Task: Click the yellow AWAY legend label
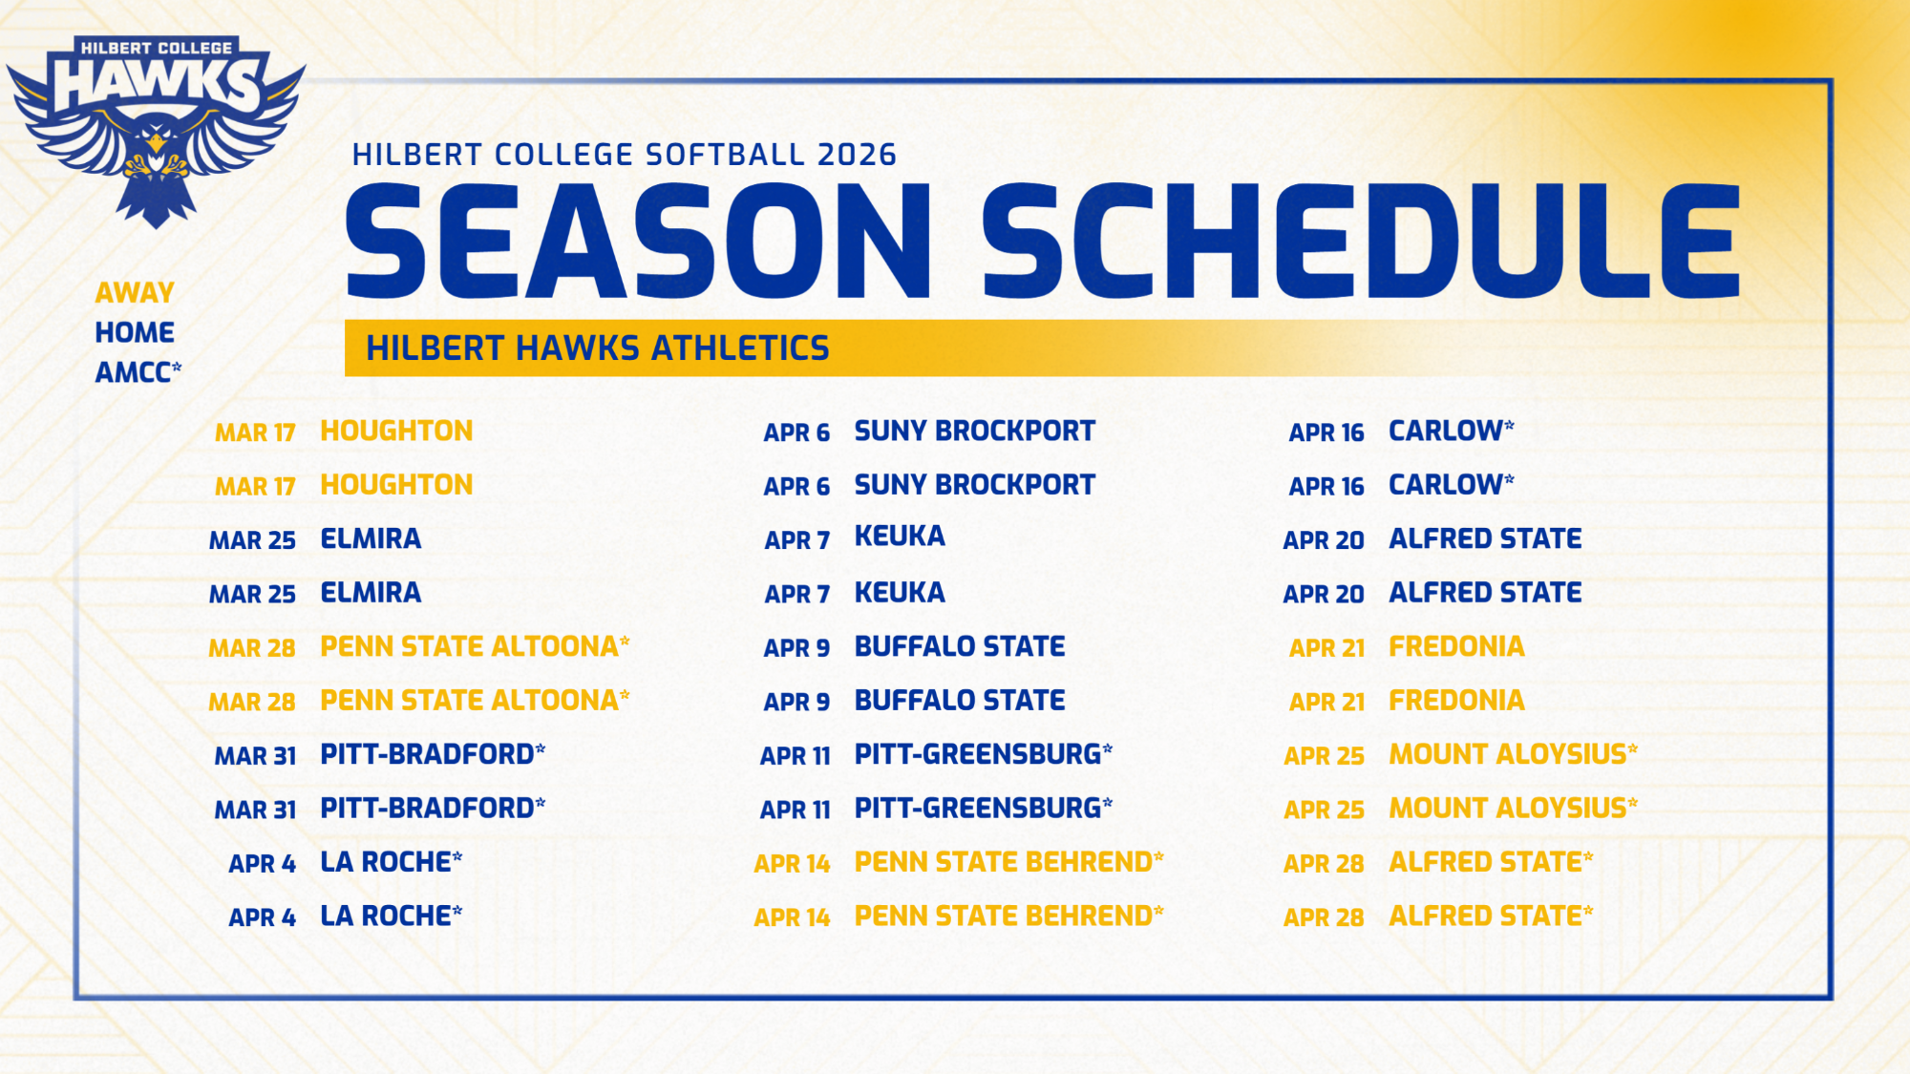pyautogui.click(x=135, y=292)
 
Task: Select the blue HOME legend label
pyautogui.click(x=135, y=332)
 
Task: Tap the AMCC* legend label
pyautogui.click(x=138, y=372)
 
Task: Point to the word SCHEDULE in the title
pyautogui.click(x=1361, y=242)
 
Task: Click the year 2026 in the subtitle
pyautogui.click(x=857, y=155)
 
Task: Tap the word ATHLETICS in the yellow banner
pyautogui.click(x=740, y=348)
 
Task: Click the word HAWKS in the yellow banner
pyautogui.click(x=578, y=348)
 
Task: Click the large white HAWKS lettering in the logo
pyautogui.click(x=156, y=83)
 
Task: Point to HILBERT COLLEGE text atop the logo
pyautogui.click(x=156, y=48)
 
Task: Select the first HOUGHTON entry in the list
pyautogui.click(x=396, y=432)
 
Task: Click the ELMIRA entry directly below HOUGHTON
pyautogui.click(x=371, y=539)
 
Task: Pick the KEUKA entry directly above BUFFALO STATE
pyautogui.click(x=900, y=593)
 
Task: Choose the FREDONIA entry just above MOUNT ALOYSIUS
pyautogui.click(x=1456, y=701)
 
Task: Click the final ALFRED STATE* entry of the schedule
pyautogui.click(x=1490, y=916)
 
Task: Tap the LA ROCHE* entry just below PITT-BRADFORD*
pyautogui.click(x=391, y=863)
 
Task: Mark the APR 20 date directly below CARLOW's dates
pyautogui.click(x=1324, y=540)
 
